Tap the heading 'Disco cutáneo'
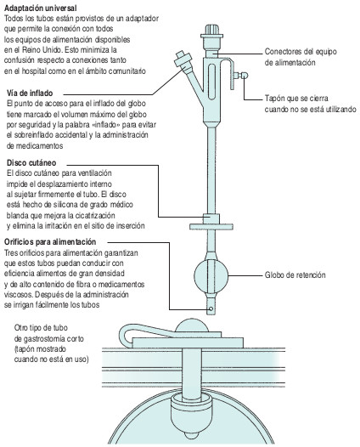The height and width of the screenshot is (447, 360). [26, 161]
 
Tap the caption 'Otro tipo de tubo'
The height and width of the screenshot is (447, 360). [42, 326]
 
